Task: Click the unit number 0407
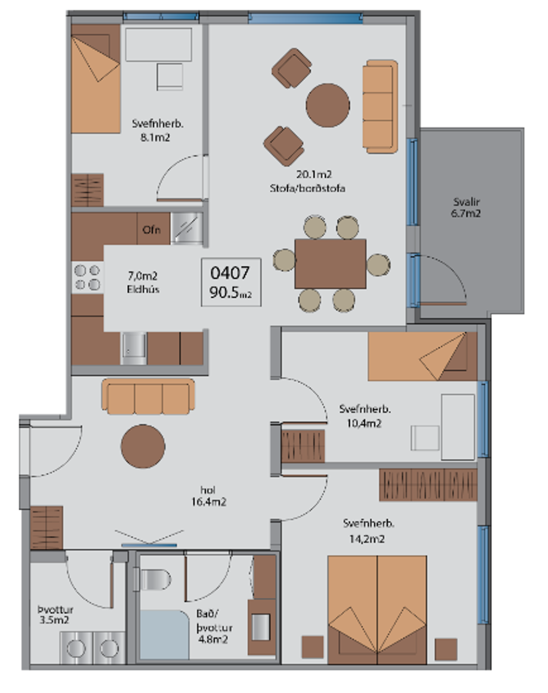[x=230, y=273]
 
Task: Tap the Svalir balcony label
[x=466, y=202]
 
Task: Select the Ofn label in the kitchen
[x=152, y=230]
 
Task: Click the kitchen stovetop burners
[x=87, y=277]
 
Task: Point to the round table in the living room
[x=327, y=105]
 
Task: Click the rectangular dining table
[x=330, y=264]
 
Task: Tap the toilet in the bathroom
[x=153, y=579]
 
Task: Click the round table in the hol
[x=143, y=446]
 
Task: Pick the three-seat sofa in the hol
[x=148, y=396]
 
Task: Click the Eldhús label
[x=143, y=289]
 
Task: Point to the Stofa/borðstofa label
[x=307, y=188]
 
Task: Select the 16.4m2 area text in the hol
[x=209, y=501]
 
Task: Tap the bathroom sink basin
[x=261, y=627]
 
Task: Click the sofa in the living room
[x=380, y=106]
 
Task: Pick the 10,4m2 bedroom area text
[x=364, y=423]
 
